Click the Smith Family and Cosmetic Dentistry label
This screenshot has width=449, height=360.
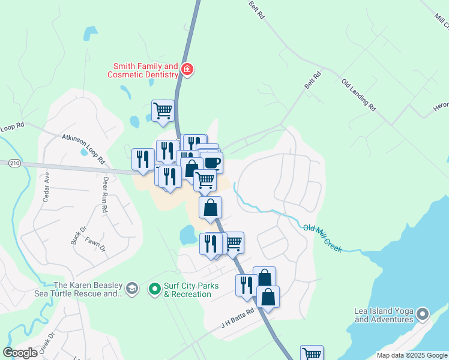[x=143, y=70]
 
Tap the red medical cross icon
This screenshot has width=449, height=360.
[x=187, y=70]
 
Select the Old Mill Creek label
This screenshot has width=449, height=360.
[x=323, y=238]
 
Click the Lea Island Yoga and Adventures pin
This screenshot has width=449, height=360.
[x=423, y=313]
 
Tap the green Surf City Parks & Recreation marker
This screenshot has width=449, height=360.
[x=154, y=289]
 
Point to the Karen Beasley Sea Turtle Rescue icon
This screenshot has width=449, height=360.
[x=132, y=289]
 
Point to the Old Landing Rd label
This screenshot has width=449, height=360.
[x=358, y=95]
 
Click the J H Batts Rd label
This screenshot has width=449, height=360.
[x=238, y=316]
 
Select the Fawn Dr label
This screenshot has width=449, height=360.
[x=95, y=244]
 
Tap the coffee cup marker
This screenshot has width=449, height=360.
[x=211, y=162]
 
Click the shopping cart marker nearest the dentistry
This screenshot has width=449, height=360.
[x=163, y=110]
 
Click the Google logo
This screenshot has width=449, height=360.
[x=20, y=353]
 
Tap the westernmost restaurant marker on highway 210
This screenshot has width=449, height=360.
[x=143, y=159]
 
